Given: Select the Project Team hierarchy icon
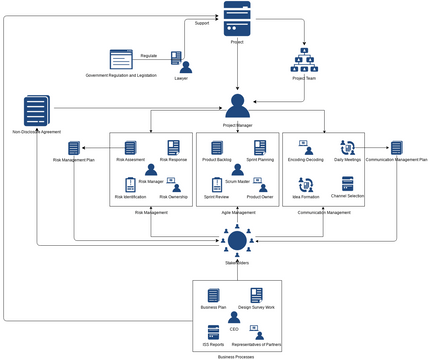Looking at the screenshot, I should (304, 59).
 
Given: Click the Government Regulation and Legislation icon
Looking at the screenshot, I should (121, 59).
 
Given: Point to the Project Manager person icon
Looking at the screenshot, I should (237, 105).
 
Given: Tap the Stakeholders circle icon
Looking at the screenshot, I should (237, 239).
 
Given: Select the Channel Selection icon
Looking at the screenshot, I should (348, 183).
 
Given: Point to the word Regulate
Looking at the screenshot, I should (149, 55).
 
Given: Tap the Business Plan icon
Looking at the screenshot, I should (213, 296).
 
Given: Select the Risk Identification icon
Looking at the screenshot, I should (130, 185).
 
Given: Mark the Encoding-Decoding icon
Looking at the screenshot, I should (305, 148).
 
